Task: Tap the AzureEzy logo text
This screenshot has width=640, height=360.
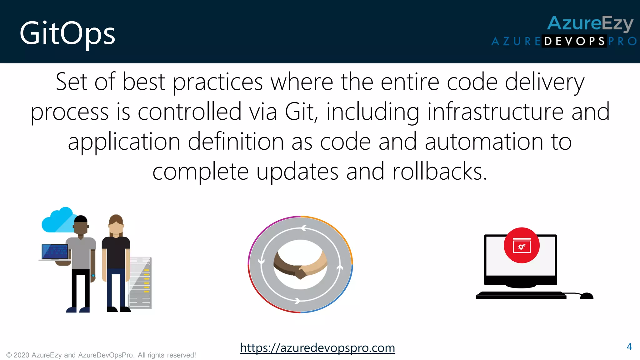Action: click(x=590, y=23)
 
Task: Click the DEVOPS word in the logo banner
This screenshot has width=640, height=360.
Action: click(x=574, y=41)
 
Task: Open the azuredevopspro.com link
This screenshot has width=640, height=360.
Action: click(x=317, y=348)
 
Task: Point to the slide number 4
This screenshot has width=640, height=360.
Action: click(x=629, y=347)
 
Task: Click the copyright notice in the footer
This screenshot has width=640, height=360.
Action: click(x=101, y=355)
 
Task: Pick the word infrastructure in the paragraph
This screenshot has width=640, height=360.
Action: click(x=495, y=112)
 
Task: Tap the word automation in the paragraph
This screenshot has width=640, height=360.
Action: click(x=484, y=142)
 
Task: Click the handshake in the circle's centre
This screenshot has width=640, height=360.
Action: click(x=300, y=265)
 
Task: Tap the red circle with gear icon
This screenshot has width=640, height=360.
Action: click(x=522, y=245)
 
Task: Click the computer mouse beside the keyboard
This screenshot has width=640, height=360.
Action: click(x=587, y=296)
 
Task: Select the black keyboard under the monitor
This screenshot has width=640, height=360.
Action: click(x=521, y=295)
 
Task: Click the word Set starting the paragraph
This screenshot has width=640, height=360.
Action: click(x=72, y=82)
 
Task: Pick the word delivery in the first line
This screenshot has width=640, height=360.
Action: click(x=544, y=82)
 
